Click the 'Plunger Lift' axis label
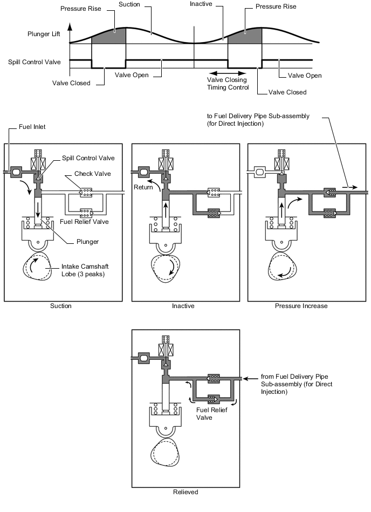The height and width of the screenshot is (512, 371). (44, 34)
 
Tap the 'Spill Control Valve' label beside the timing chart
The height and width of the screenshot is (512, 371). (35, 62)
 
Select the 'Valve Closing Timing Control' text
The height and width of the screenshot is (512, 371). (228, 84)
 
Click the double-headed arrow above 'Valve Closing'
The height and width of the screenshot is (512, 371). (228, 73)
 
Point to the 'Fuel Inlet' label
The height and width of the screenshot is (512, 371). (32, 127)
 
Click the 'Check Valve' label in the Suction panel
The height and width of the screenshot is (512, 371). (92, 174)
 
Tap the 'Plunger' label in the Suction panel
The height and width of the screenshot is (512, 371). (87, 242)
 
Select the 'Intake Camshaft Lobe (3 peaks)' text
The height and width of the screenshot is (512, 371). (85, 270)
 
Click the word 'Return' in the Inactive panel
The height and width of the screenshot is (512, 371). (143, 187)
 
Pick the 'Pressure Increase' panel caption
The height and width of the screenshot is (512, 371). (301, 306)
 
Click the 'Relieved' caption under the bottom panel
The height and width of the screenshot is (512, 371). (185, 492)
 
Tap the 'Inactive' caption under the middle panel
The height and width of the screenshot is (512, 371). (183, 306)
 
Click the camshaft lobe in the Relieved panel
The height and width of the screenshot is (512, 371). (166, 452)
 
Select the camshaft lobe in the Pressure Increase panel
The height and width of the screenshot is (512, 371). (283, 267)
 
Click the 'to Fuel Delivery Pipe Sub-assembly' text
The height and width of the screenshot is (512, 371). (258, 116)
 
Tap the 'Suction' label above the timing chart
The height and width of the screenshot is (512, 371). (129, 4)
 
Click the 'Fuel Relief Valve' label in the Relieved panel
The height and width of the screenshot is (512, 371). (211, 414)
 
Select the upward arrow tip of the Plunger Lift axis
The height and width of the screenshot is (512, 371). (70, 24)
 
